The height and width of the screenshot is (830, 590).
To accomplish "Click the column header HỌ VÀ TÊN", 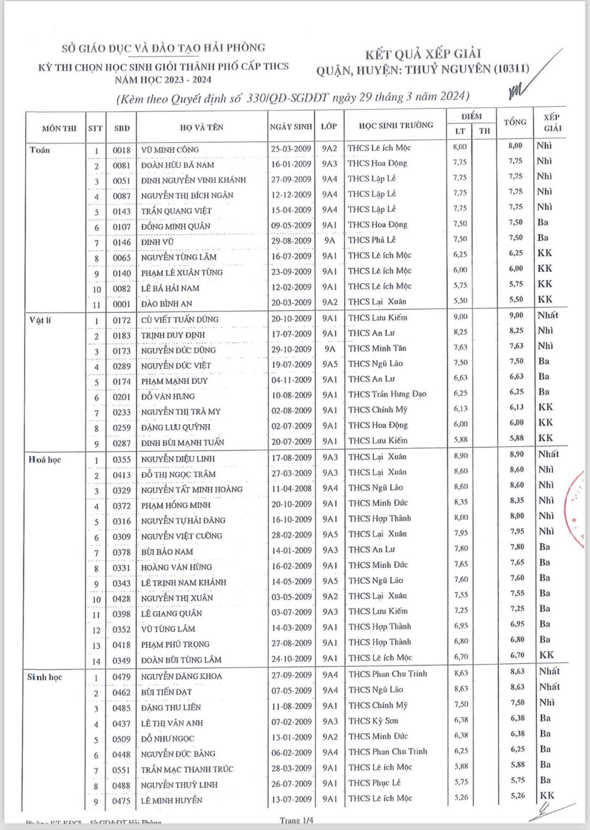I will [201, 127].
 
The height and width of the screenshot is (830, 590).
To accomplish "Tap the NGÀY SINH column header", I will [291, 127].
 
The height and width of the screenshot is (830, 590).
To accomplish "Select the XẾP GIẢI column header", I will [552, 123].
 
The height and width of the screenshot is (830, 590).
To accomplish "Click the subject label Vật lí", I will [40, 320].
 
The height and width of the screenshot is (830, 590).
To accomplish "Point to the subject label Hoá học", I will [45, 460].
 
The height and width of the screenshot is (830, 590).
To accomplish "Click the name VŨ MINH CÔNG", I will [170, 150].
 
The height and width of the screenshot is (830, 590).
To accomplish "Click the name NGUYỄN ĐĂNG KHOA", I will [181, 677].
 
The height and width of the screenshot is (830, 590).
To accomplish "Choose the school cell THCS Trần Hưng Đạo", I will [387, 394].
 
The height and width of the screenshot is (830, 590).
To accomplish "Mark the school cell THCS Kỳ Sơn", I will [373, 721].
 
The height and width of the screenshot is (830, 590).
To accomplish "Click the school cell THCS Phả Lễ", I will [371, 240].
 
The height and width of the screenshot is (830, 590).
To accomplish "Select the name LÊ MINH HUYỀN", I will [172, 801].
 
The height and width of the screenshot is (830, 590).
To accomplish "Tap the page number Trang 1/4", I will [297, 820].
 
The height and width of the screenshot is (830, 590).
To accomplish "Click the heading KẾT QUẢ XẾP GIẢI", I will [423, 54].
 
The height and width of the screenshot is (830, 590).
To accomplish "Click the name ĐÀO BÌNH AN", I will [167, 304].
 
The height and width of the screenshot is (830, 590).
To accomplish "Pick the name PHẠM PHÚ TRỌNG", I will [175, 644].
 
